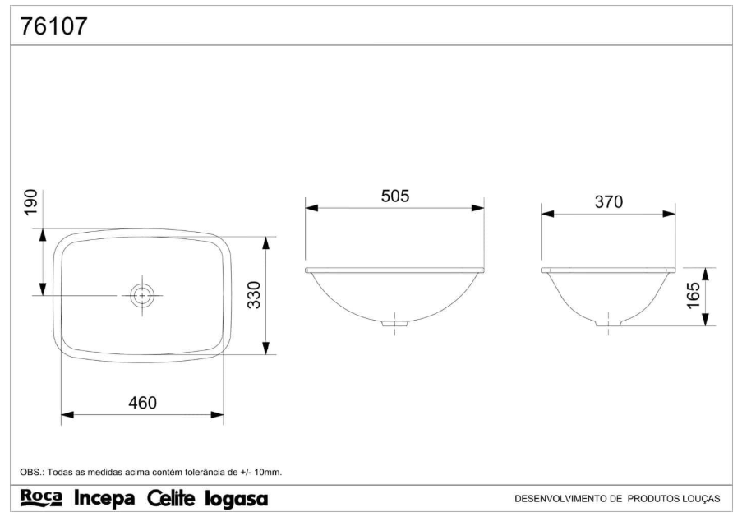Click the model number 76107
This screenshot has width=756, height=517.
(53, 26)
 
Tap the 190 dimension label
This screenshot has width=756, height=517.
(30, 202)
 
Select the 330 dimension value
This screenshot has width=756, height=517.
(254, 295)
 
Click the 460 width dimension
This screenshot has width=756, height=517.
(142, 402)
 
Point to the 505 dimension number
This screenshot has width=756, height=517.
(395, 196)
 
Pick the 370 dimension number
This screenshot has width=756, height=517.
(608, 201)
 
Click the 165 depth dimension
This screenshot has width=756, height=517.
(693, 295)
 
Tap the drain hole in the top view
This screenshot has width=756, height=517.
(141, 295)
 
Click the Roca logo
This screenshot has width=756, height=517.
(41, 498)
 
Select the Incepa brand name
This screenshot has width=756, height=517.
(104, 499)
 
